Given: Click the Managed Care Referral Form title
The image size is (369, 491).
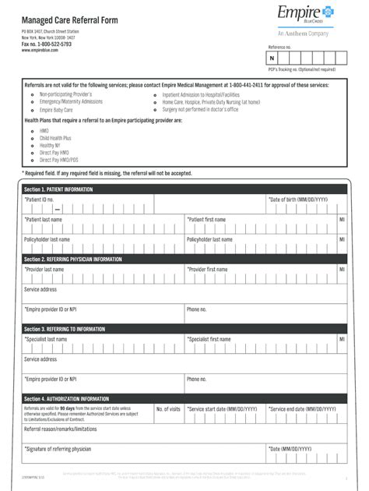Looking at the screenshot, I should coord(69,19).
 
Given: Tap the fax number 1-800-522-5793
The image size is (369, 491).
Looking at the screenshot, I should coord(46,44).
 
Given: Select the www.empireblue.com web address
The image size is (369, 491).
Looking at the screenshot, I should coord(41,51).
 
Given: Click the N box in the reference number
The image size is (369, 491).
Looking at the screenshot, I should coord(272,58).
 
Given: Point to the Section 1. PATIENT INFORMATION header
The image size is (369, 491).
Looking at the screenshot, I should coord(58,189).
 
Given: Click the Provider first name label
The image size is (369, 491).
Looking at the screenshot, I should coord(207,269).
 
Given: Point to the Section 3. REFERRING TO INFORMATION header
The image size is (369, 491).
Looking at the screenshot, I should coord(65,329).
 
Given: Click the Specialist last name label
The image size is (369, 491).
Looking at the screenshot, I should coord(46,339).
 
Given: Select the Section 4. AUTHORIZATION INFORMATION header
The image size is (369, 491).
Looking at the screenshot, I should coord(66,398).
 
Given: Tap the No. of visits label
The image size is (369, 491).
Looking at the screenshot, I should coord(168,408).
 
